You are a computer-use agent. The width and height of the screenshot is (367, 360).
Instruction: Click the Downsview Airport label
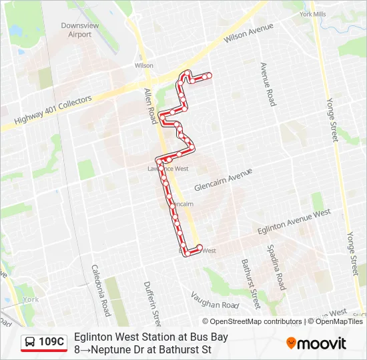pyautogui.click(x=75, y=29)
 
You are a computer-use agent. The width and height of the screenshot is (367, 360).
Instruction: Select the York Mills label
pyautogui.click(x=313, y=13)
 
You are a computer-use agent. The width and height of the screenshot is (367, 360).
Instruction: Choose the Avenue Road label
pyautogui.click(x=267, y=84)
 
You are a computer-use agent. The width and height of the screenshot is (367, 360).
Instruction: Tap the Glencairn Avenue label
pyautogui.click(x=223, y=179)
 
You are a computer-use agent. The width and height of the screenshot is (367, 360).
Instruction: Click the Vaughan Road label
pyautogui.click(x=214, y=299)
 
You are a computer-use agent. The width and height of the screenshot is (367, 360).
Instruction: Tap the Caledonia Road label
pyautogui.click(x=101, y=291)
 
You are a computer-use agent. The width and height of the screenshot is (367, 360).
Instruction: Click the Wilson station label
pyautogui.click(x=144, y=66)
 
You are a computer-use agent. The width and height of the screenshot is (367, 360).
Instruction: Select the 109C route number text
pyautogui.click(x=51, y=342)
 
